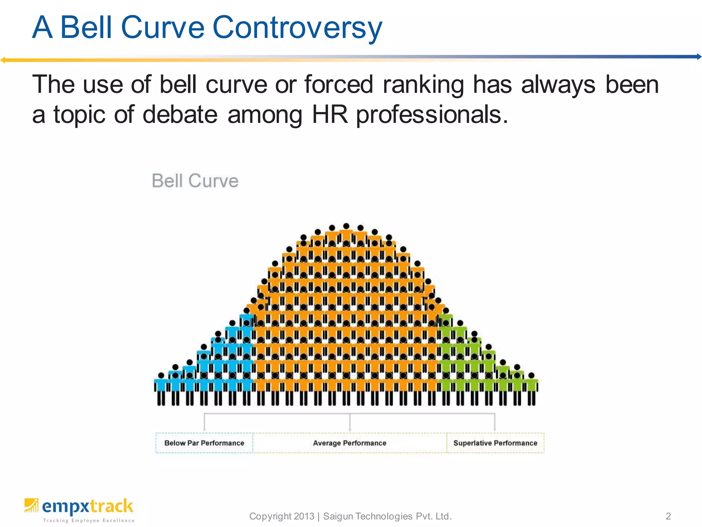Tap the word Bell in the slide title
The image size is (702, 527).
tap(86, 27)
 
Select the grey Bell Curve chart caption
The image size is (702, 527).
tap(195, 181)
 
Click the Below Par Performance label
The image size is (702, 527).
tap(204, 443)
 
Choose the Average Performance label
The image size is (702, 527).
tap(350, 443)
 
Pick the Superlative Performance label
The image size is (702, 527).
tap(495, 443)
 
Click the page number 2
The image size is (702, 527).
tap(668, 516)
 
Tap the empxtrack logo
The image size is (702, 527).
tap(79, 507)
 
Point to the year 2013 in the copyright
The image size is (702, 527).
tap(304, 516)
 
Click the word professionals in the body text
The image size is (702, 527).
tap(432, 115)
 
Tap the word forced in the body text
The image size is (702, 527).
tap(339, 84)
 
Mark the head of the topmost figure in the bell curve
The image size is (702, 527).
tap(346, 226)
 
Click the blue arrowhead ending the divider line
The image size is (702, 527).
tap(699, 57)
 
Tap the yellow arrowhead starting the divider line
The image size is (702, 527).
tap(3, 60)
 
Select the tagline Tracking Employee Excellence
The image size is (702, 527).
tap(89, 520)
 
